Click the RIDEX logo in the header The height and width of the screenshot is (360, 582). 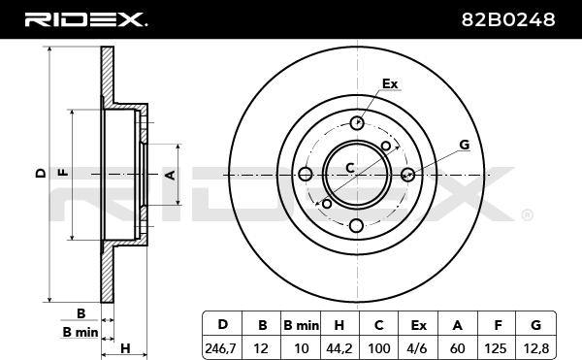(85, 19)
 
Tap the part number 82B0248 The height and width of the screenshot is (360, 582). (508, 19)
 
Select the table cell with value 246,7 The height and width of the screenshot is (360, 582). (220, 348)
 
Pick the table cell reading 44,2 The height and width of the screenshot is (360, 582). (339, 348)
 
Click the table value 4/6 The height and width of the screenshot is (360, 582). (418, 348)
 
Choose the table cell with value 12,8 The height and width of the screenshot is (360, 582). (534, 348)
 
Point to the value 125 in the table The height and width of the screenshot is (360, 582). (496, 348)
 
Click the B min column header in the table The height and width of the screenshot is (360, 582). (301, 325)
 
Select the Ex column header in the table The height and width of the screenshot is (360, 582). (418, 325)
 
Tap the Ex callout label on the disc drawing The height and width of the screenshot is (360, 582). (390, 83)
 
